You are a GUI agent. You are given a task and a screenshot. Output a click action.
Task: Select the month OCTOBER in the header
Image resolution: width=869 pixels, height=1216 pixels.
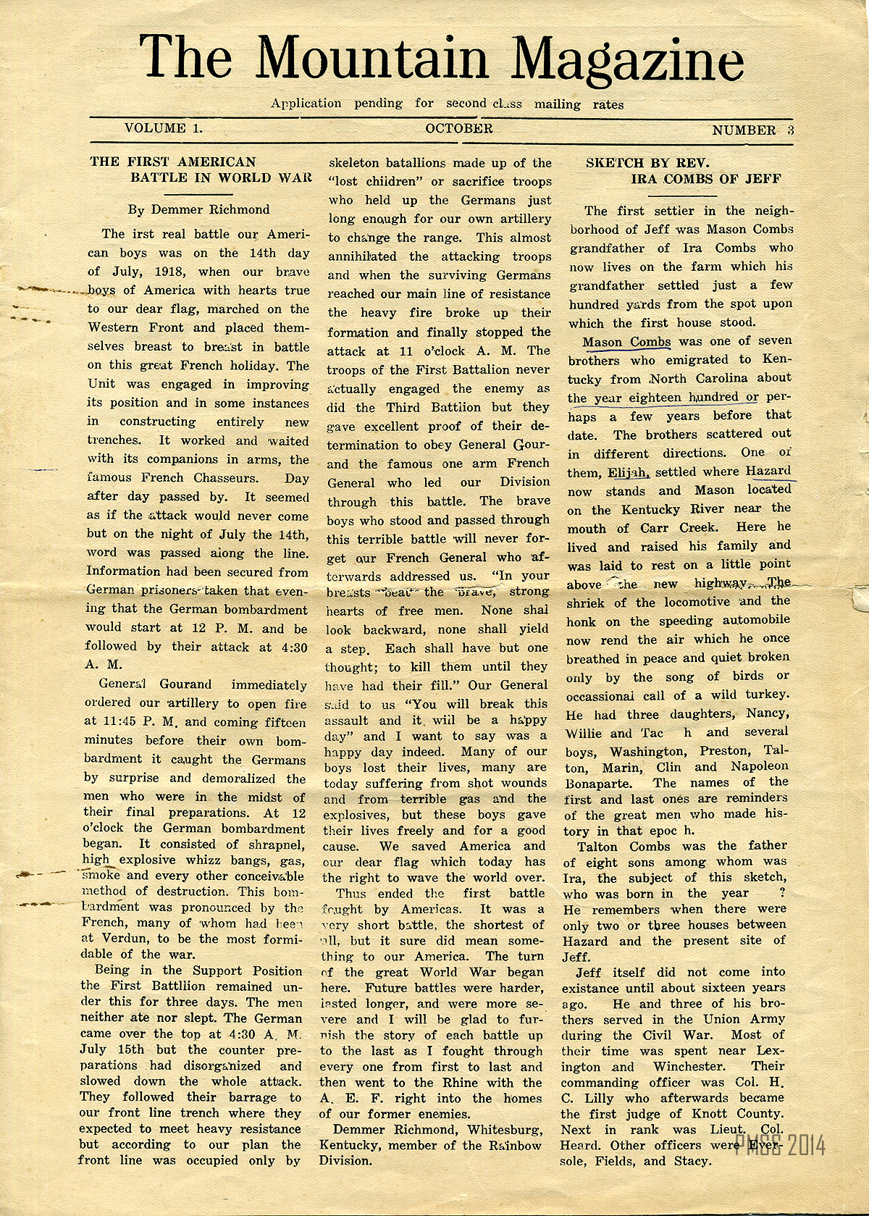pos(459,128)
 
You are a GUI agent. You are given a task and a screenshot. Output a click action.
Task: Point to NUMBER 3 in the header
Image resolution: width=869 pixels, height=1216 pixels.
pos(753,130)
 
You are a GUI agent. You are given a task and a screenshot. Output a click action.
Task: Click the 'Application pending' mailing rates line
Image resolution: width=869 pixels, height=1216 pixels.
pos(447,104)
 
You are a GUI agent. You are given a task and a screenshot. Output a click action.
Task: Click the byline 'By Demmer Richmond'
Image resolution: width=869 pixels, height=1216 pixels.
pos(198,210)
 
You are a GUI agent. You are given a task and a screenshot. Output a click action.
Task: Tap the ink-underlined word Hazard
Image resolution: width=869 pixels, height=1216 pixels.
pos(768,471)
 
